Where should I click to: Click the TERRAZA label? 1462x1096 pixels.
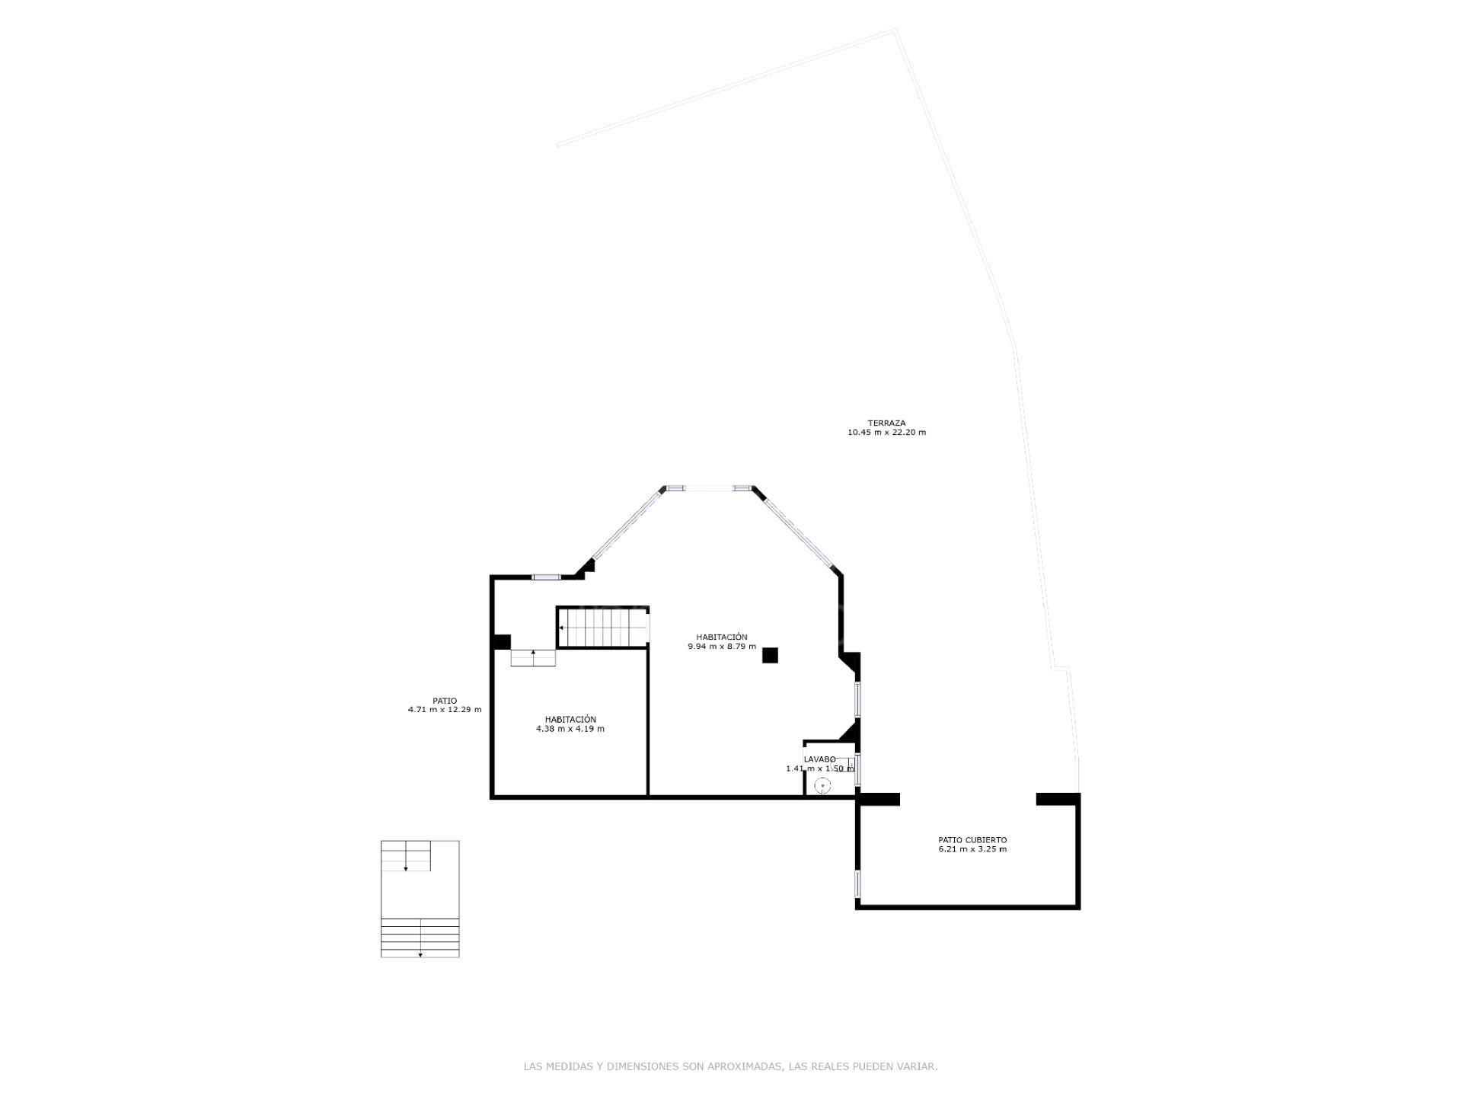(x=886, y=423)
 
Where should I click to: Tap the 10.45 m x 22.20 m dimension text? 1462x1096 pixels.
(x=886, y=433)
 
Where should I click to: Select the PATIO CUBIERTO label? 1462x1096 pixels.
(x=972, y=840)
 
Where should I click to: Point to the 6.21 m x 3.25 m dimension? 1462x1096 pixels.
(x=972, y=849)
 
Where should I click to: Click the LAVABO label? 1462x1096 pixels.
(x=819, y=759)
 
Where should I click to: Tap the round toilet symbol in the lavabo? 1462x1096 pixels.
(x=822, y=785)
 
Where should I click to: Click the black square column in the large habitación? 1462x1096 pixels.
(x=770, y=655)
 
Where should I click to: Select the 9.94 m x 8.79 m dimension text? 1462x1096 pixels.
(x=722, y=647)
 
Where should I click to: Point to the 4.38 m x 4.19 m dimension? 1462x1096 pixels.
(x=570, y=729)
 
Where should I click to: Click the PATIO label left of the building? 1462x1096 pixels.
(x=445, y=701)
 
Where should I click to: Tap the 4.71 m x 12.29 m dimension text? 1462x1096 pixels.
(x=445, y=710)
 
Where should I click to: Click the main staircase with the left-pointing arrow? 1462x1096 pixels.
(x=603, y=628)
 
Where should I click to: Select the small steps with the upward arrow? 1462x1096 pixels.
(x=532, y=658)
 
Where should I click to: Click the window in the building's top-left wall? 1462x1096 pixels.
(x=545, y=577)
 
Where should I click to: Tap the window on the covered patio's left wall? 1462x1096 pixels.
(x=857, y=884)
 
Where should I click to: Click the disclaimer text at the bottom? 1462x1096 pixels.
(x=730, y=1067)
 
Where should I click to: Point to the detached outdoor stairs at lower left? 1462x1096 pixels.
(x=420, y=899)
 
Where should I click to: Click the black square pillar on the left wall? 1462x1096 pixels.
(x=501, y=642)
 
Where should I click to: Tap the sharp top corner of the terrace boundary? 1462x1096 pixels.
(x=895, y=30)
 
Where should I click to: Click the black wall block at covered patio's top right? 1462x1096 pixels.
(x=1058, y=800)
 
